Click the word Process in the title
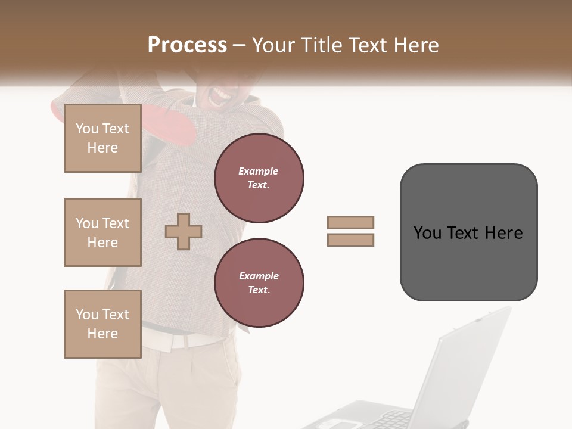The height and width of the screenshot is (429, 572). pyautogui.click(x=187, y=45)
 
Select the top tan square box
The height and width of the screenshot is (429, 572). pyautogui.click(x=102, y=138)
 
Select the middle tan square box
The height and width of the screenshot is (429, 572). pyautogui.click(x=102, y=232)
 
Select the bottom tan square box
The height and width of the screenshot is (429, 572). pyautogui.click(x=102, y=324)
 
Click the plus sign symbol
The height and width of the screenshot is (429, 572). pyautogui.click(x=184, y=231)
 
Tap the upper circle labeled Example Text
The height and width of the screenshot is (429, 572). pyautogui.click(x=259, y=178)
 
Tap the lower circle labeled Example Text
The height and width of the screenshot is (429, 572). pyautogui.click(x=259, y=283)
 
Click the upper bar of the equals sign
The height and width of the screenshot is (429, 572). pyautogui.click(x=351, y=222)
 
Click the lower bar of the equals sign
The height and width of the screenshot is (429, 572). pyautogui.click(x=351, y=240)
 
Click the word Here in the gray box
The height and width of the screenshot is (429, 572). pyautogui.click(x=503, y=233)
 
